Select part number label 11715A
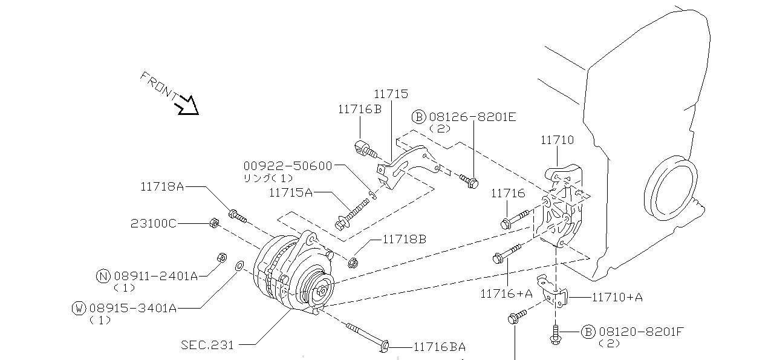[291, 192]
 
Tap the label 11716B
[360, 110]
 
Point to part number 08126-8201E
[472, 117]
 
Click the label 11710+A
[617, 298]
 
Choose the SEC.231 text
[207, 345]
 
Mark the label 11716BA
[440, 347]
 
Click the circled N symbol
[103, 277]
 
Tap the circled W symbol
[79, 308]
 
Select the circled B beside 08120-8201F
[588, 332]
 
